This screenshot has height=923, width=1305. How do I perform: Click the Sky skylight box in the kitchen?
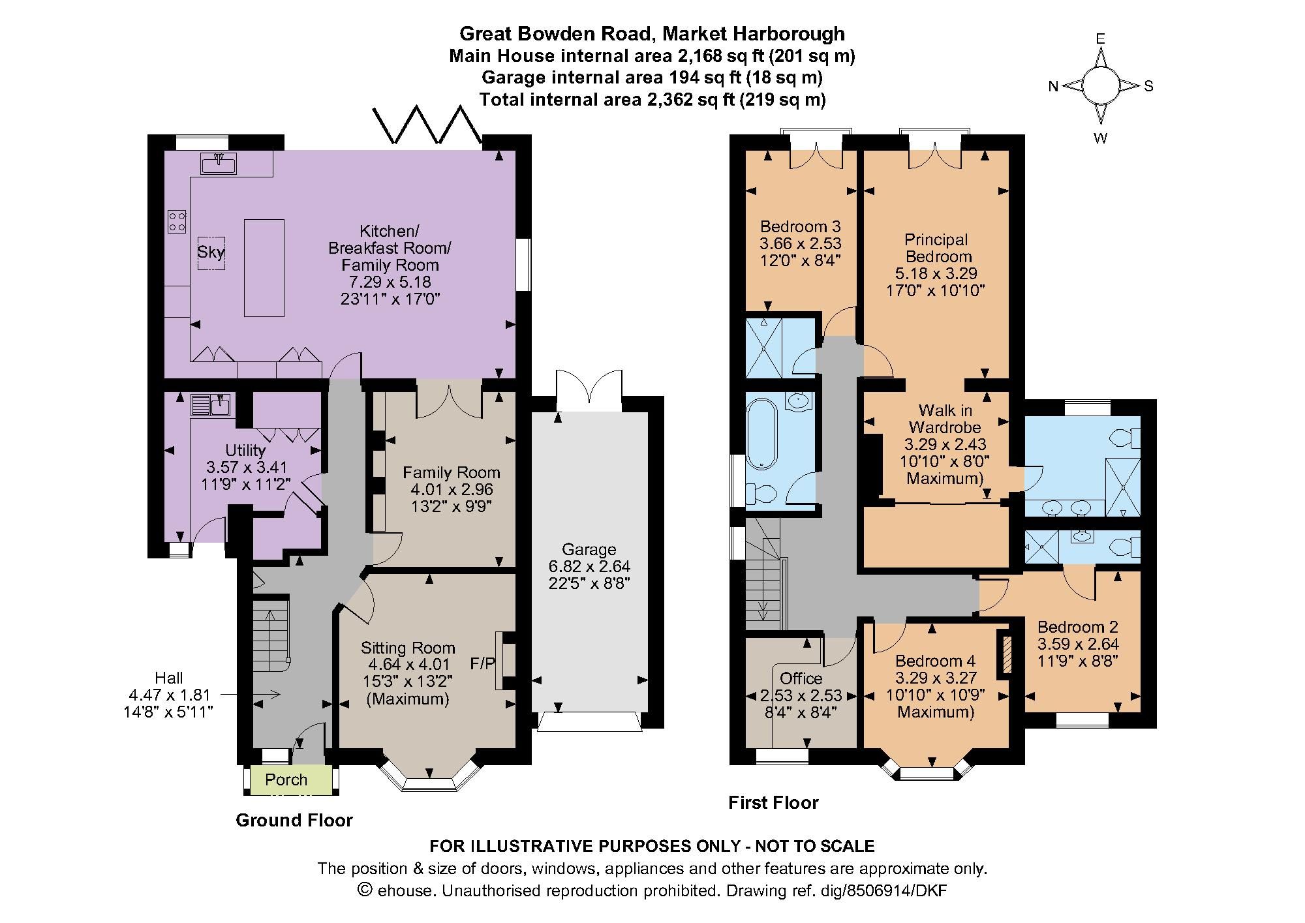coord(211,252)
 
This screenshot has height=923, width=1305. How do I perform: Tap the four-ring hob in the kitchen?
coord(177,220)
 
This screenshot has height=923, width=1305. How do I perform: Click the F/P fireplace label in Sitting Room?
coord(483,663)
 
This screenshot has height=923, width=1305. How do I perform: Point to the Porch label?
coord(286,779)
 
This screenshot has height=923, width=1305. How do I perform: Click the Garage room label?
coord(589,549)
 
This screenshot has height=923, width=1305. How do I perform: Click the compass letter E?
coord(1101,39)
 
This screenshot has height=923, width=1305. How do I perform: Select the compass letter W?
coord(1101,138)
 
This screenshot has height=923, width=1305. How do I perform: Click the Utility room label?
coord(245,450)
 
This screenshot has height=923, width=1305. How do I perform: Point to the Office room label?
coord(801,678)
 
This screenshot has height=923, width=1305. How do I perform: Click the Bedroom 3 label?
coord(801,226)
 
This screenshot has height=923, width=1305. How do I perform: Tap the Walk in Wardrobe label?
coord(945,419)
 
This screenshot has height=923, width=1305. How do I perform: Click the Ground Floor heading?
coord(294,820)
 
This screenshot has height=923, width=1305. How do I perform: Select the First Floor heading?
coord(773,802)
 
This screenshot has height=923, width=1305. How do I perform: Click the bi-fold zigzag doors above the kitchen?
coord(427,125)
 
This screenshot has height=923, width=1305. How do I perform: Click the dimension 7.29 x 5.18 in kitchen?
coord(390,282)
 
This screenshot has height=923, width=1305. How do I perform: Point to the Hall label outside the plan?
coord(169,677)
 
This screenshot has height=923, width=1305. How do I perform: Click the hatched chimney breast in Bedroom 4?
coord(1006,653)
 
